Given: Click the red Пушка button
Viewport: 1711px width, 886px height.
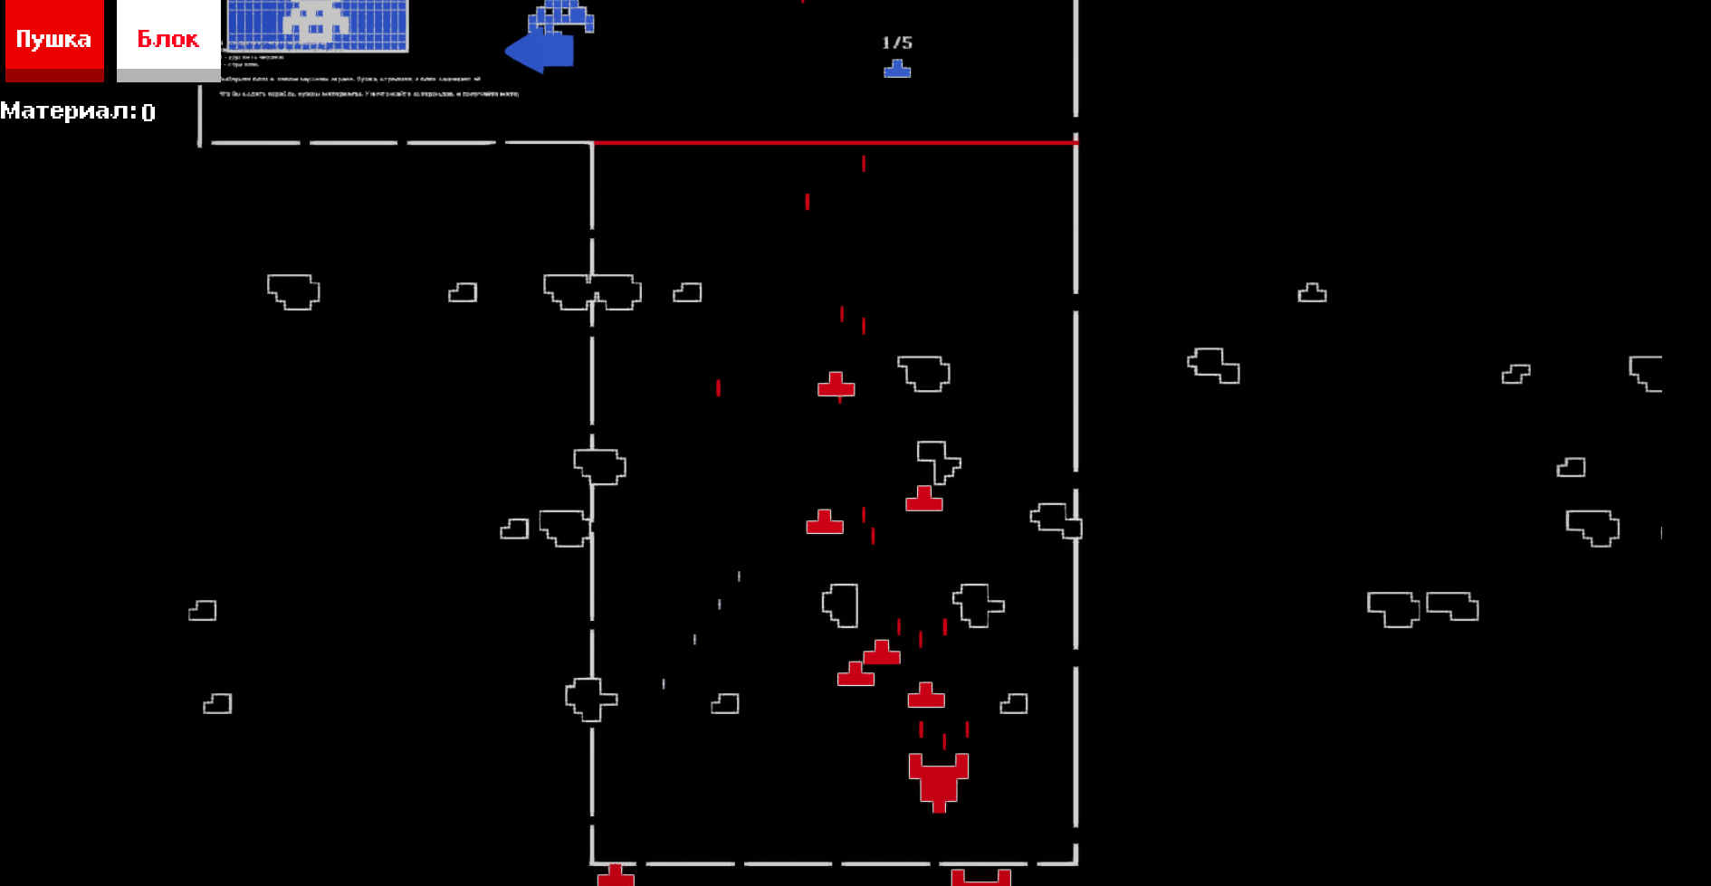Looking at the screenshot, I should [x=54, y=40].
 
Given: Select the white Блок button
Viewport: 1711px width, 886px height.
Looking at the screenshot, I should [x=168, y=40].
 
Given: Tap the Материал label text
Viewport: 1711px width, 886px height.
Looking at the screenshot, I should [x=68, y=111].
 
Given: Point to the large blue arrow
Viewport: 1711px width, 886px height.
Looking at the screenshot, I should [x=540, y=50].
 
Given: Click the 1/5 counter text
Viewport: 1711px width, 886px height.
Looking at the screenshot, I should [x=897, y=43].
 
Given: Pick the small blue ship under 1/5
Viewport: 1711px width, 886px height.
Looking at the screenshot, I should [x=897, y=69].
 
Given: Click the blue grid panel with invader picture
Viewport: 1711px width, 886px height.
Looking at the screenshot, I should [x=317, y=25].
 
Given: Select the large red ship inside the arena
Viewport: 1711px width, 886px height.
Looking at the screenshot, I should [x=939, y=780].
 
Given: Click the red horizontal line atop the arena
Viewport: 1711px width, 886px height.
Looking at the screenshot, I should [x=833, y=143].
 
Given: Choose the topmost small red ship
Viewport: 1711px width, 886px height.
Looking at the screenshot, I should [x=836, y=385].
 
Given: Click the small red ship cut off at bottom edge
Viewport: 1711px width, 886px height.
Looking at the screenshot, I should [x=616, y=875].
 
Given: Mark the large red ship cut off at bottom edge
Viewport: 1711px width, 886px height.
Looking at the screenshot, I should [x=980, y=877].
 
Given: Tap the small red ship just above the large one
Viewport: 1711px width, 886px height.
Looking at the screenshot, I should [x=926, y=696].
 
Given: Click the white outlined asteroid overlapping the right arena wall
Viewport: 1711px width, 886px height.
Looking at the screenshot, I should [x=1056, y=520].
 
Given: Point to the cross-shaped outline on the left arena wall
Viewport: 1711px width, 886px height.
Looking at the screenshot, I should [x=591, y=699].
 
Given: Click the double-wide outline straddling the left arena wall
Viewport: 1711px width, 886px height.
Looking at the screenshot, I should [x=592, y=291].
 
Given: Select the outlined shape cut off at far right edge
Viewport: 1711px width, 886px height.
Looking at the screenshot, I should [x=1647, y=373].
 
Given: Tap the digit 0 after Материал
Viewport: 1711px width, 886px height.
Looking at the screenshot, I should [x=148, y=112].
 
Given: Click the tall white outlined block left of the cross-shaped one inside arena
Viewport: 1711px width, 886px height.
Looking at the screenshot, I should [x=841, y=605].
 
